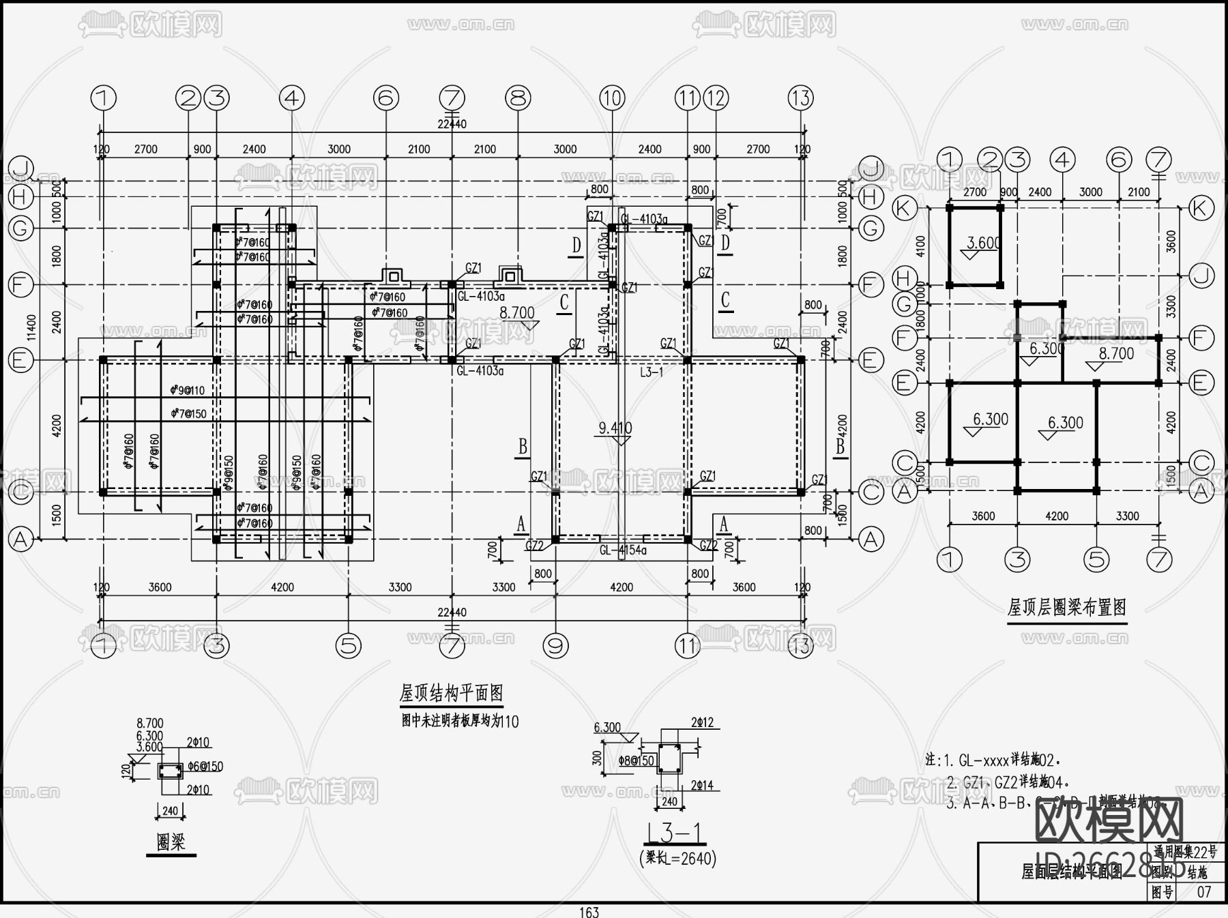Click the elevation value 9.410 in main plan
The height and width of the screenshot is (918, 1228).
(x=615, y=428)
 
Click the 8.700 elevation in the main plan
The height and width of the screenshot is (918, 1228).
(x=517, y=313)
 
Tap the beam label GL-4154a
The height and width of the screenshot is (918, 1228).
(x=622, y=550)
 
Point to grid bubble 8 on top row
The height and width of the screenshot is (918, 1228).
(x=518, y=98)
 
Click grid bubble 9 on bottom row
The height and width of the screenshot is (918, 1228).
(x=555, y=645)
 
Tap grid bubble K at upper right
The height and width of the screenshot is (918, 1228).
(x=1201, y=208)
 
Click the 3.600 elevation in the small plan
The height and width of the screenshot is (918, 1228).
(x=983, y=243)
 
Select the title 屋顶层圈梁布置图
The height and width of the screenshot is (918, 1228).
(x=1066, y=607)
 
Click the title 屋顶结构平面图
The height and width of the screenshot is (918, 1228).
(x=451, y=694)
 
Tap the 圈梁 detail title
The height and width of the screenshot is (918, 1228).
(x=171, y=842)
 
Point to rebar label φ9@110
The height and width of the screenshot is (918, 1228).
(x=187, y=391)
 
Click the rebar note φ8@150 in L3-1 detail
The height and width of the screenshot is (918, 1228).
(x=636, y=760)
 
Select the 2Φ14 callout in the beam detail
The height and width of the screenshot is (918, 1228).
(x=701, y=786)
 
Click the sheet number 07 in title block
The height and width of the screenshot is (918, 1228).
(x=1203, y=891)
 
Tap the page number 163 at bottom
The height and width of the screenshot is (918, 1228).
(x=589, y=912)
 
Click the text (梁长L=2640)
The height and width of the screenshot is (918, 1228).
(x=677, y=858)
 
